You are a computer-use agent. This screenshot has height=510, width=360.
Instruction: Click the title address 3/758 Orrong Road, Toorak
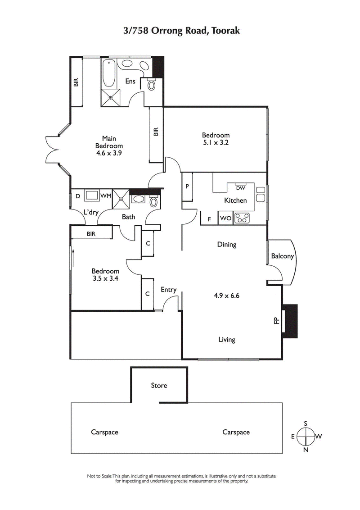(180, 31)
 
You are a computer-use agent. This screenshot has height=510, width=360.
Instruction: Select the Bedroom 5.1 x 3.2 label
(216, 139)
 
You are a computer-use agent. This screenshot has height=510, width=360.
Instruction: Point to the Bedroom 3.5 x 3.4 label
(105, 275)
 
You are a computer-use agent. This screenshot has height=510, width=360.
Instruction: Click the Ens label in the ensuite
(130, 82)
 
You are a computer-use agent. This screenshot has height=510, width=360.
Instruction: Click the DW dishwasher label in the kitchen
(240, 187)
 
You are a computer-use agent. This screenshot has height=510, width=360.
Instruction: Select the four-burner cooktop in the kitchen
(242, 219)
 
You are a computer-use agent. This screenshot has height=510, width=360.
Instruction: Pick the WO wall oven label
(225, 219)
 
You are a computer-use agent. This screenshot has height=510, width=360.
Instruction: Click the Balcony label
(282, 256)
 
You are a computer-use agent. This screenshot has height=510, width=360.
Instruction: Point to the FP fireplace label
(276, 320)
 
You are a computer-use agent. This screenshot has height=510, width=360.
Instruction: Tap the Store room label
(159, 385)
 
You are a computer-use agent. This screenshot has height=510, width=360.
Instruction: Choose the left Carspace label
(104, 432)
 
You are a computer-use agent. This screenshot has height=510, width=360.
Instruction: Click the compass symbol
(306, 436)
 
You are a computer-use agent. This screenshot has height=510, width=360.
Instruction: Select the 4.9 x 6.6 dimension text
(226, 296)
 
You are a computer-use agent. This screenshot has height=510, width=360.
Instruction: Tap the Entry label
(168, 290)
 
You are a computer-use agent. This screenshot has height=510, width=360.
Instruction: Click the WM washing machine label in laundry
(106, 196)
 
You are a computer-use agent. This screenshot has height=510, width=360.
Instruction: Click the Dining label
(226, 245)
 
